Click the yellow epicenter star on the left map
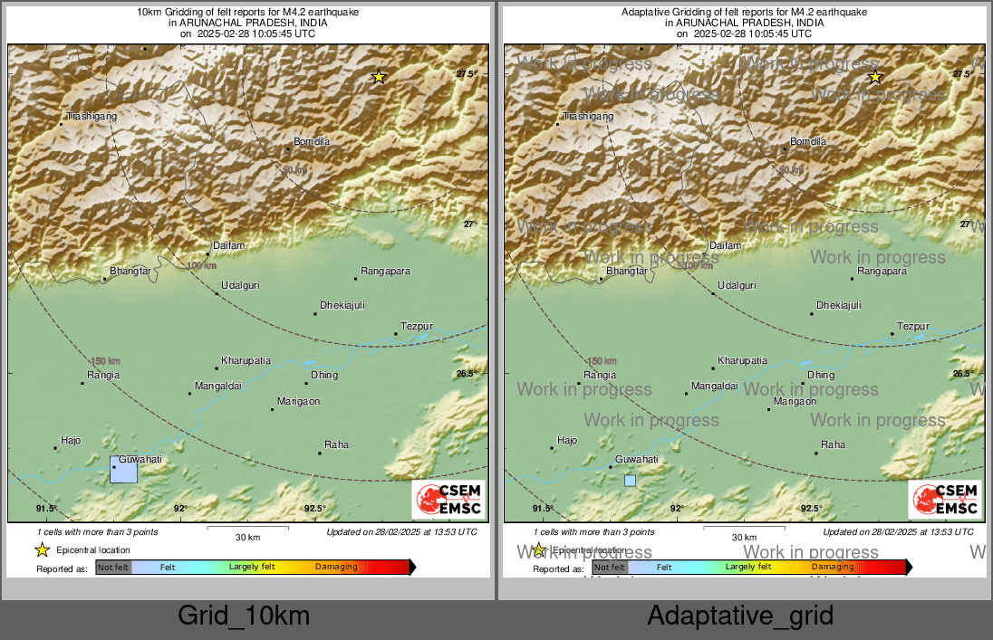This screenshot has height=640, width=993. pyautogui.click(x=380, y=77)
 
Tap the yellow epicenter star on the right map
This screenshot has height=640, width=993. pyautogui.click(x=875, y=77)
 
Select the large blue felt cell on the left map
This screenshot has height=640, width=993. pyautogui.click(x=123, y=469)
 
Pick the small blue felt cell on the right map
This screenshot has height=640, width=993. pyautogui.click(x=630, y=481)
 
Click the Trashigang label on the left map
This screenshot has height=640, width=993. pyautogui.click(x=92, y=116)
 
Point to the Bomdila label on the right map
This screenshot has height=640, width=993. pyautogui.click(x=808, y=141)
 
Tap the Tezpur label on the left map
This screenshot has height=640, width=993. pyautogui.click(x=417, y=326)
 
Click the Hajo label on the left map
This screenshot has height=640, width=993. pyautogui.click(x=70, y=440)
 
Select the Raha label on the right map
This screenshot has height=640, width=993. pyautogui.click(x=833, y=444)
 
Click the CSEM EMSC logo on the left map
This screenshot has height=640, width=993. pyautogui.click(x=449, y=500)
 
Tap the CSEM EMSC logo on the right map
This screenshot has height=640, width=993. pyautogui.click(x=945, y=500)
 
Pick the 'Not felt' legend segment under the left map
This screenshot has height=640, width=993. pyautogui.click(x=113, y=568)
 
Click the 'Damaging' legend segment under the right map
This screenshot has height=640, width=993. pyautogui.click(x=832, y=567)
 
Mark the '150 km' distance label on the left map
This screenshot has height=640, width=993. pyautogui.click(x=105, y=361)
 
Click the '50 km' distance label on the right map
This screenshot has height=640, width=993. pyautogui.click(x=790, y=169)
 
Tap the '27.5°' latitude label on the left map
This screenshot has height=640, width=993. pyautogui.click(x=466, y=74)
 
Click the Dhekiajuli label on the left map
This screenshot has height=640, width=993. pyautogui.click(x=342, y=305)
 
